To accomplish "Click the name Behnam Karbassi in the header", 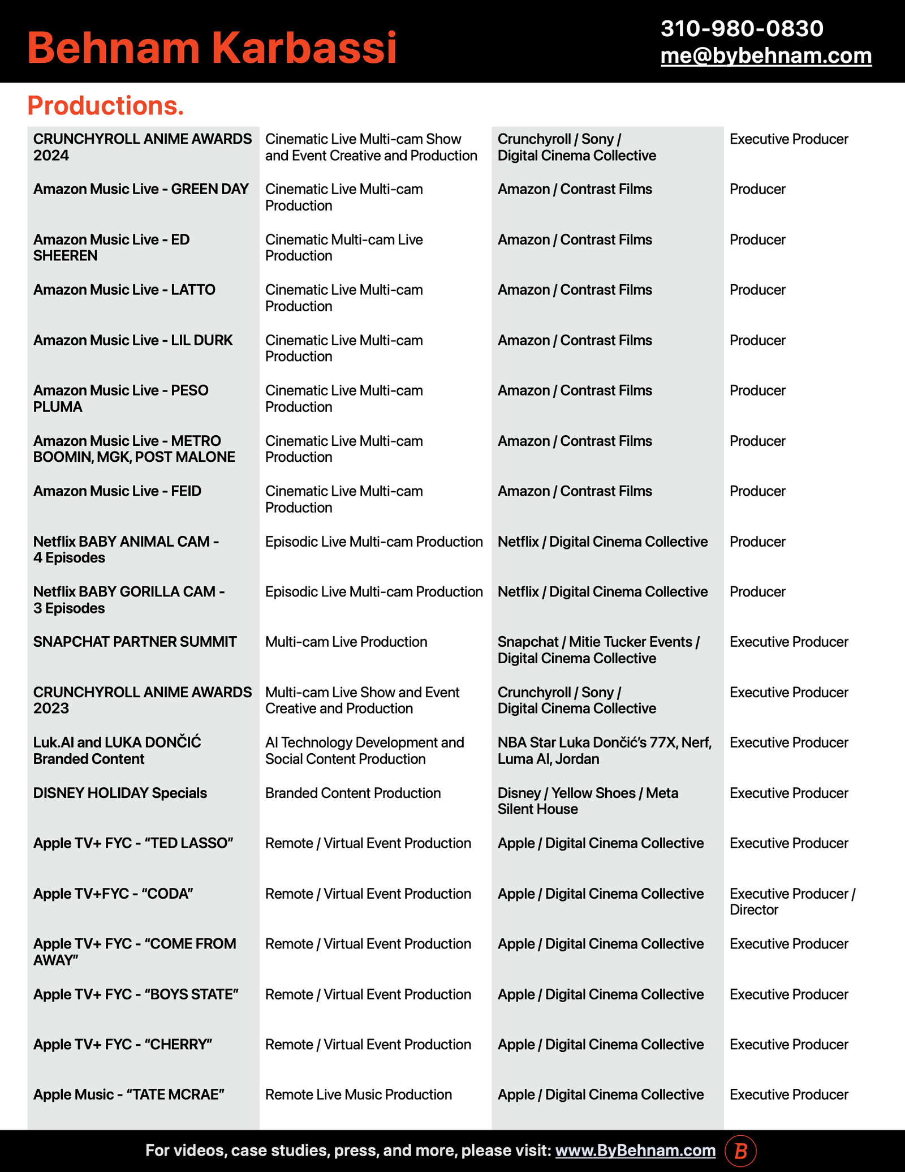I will [x=212, y=48].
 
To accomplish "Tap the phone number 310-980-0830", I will [x=742, y=28].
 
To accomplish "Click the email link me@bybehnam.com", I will [x=766, y=55].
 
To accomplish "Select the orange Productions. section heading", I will [x=106, y=106].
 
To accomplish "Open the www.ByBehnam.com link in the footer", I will [x=635, y=1150].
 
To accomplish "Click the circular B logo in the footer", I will [x=740, y=1150].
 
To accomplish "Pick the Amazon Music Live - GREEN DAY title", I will [x=141, y=189].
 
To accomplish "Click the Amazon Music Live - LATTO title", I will [x=124, y=290].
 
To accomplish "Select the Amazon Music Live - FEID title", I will [x=117, y=491].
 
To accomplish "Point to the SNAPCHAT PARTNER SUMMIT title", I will [x=135, y=642].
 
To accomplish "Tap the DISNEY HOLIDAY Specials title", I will [x=120, y=793].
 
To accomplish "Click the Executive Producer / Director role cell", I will [x=792, y=901].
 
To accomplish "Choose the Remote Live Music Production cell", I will [x=358, y=1094].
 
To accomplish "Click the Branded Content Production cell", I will [x=352, y=793].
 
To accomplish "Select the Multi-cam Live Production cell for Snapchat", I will [x=346, y=642].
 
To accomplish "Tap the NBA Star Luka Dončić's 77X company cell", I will [x=604, y=750].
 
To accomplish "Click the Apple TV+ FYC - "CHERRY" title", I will [x=123, y=1044].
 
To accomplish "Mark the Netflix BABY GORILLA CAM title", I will [x=129, y=600].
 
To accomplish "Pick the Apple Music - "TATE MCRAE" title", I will [x=129, y=1094].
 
